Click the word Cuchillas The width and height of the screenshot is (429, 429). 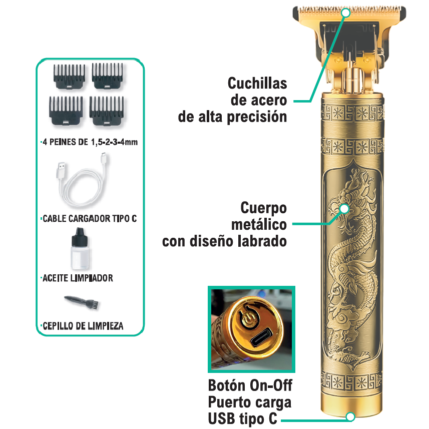pos(257,83)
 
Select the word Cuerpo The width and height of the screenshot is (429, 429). pos(263,208)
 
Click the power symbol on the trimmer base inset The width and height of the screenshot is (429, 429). pos(247,319)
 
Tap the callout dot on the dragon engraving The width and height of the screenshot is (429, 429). pos(344,208)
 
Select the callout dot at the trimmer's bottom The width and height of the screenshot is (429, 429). pos(350,416)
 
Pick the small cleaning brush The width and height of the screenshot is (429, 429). pos(80,301)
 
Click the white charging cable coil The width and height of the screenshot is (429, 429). pos(80,185)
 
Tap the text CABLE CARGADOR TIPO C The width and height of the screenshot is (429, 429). pos(89,219)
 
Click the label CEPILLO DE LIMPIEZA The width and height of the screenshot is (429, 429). pos(83,326)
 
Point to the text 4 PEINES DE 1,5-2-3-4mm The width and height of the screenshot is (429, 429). pos(89,142)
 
